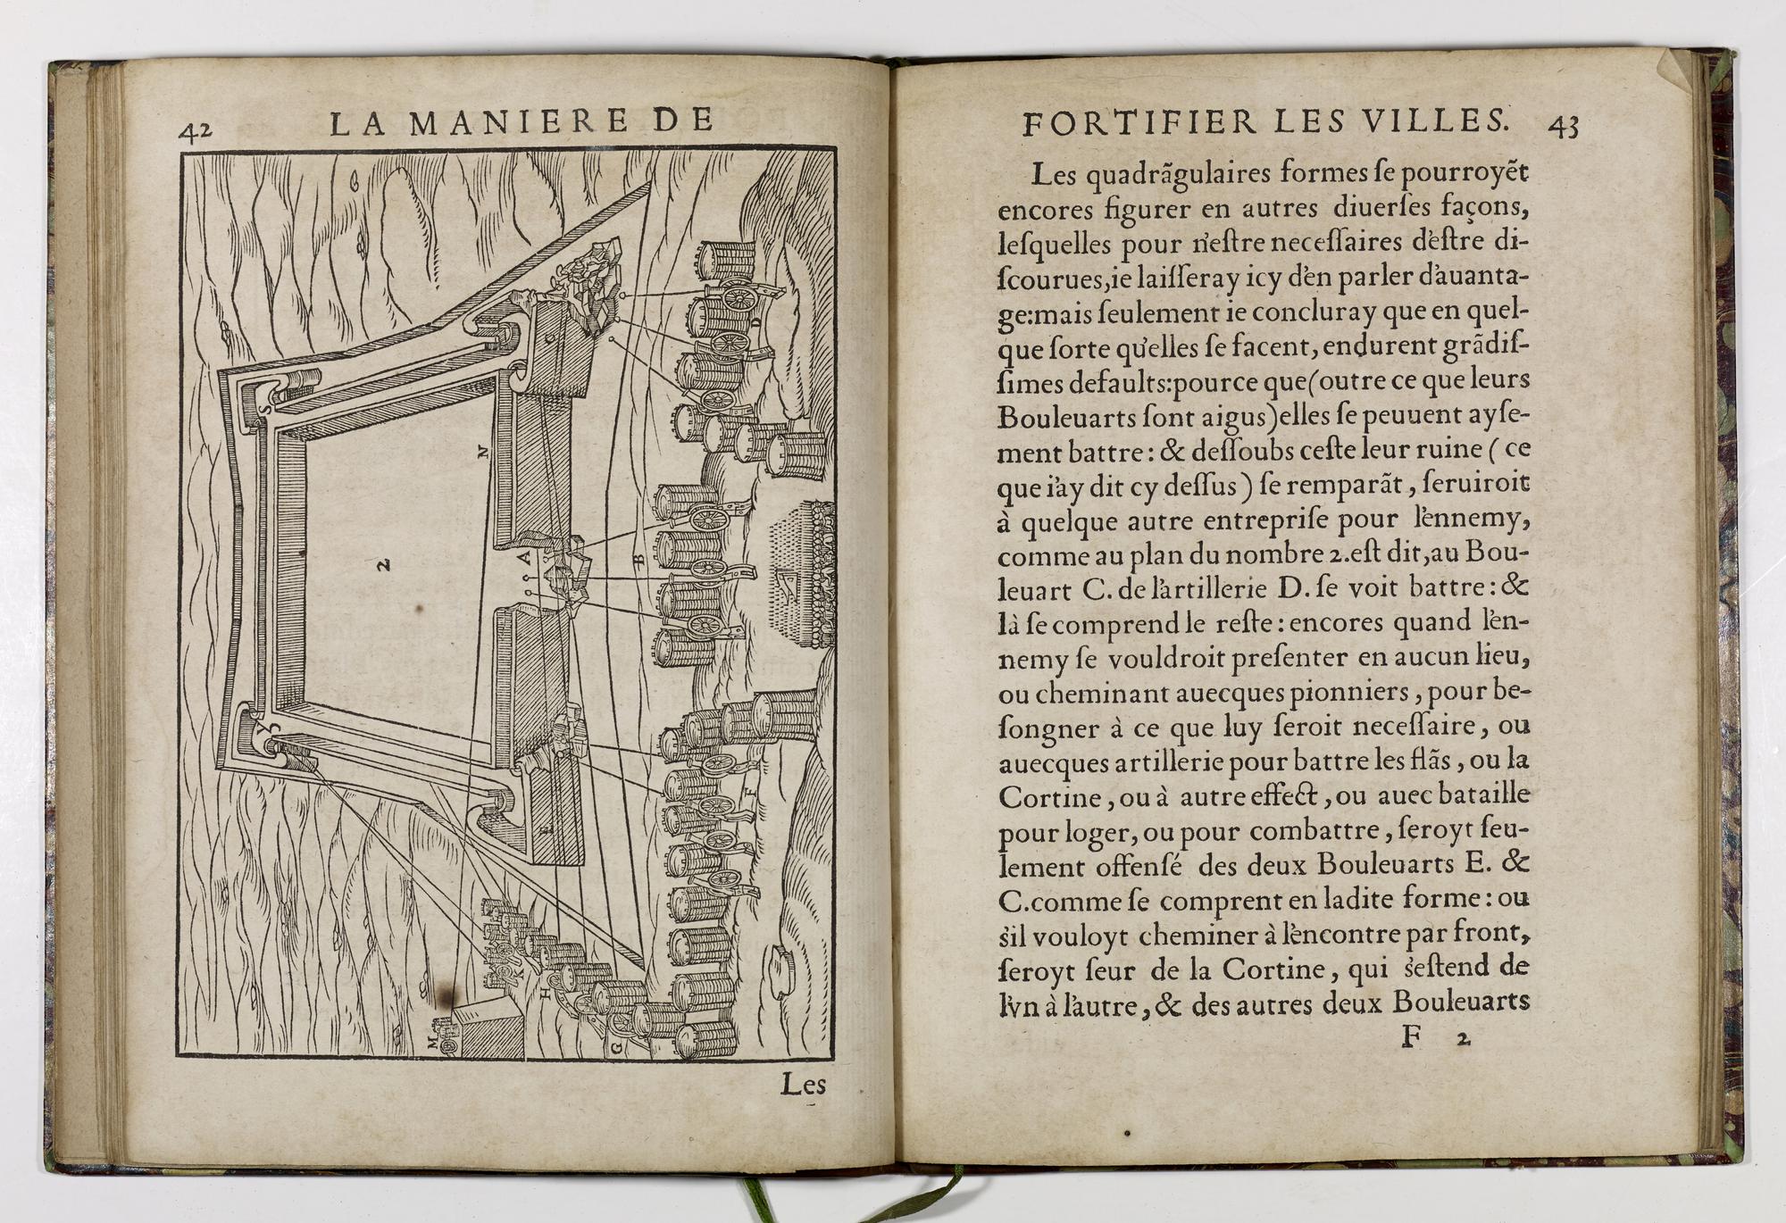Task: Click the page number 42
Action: point(195,130)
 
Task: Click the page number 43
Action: point(1563,126)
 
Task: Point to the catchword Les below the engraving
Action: point(804,1085)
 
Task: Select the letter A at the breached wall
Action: point(525,558)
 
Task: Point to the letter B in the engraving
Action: point(638,560)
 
